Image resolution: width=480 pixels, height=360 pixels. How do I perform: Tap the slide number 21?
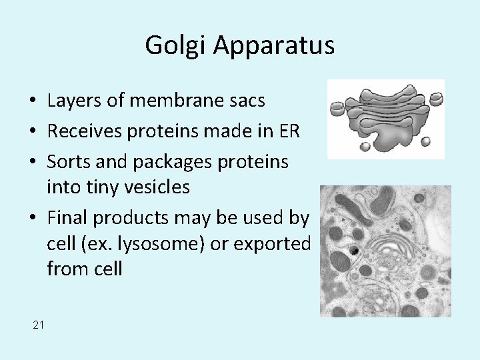pyautogui.click(x=38, y=325)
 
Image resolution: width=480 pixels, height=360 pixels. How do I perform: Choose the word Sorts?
pyautogui.click(x=68, y=162)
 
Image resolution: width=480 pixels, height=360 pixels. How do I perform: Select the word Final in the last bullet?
pyautogui.click(x=68, y=217)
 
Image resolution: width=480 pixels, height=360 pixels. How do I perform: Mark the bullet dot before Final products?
pyautogui.click(x=33, y=218)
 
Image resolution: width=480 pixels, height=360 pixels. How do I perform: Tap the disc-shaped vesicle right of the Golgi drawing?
pyautogui.click(x=436, y=99)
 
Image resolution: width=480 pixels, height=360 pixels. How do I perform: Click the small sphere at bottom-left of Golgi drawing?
pyautogui.click(x=365, y=146)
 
